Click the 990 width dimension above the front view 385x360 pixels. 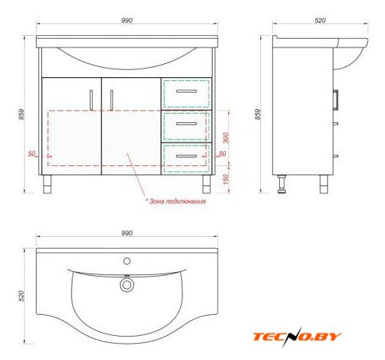[127, 20]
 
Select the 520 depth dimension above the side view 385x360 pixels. [320, 20]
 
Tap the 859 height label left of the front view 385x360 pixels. [21, 115]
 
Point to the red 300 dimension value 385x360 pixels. [226, 138]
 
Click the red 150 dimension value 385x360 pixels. [226, 179]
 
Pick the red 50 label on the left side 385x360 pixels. [31, 154]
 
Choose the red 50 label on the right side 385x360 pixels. [222, 154]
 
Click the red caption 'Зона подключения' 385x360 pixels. [178, 201]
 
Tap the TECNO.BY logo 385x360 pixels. [297, 337]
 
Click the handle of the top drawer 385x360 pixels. [186, 91]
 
